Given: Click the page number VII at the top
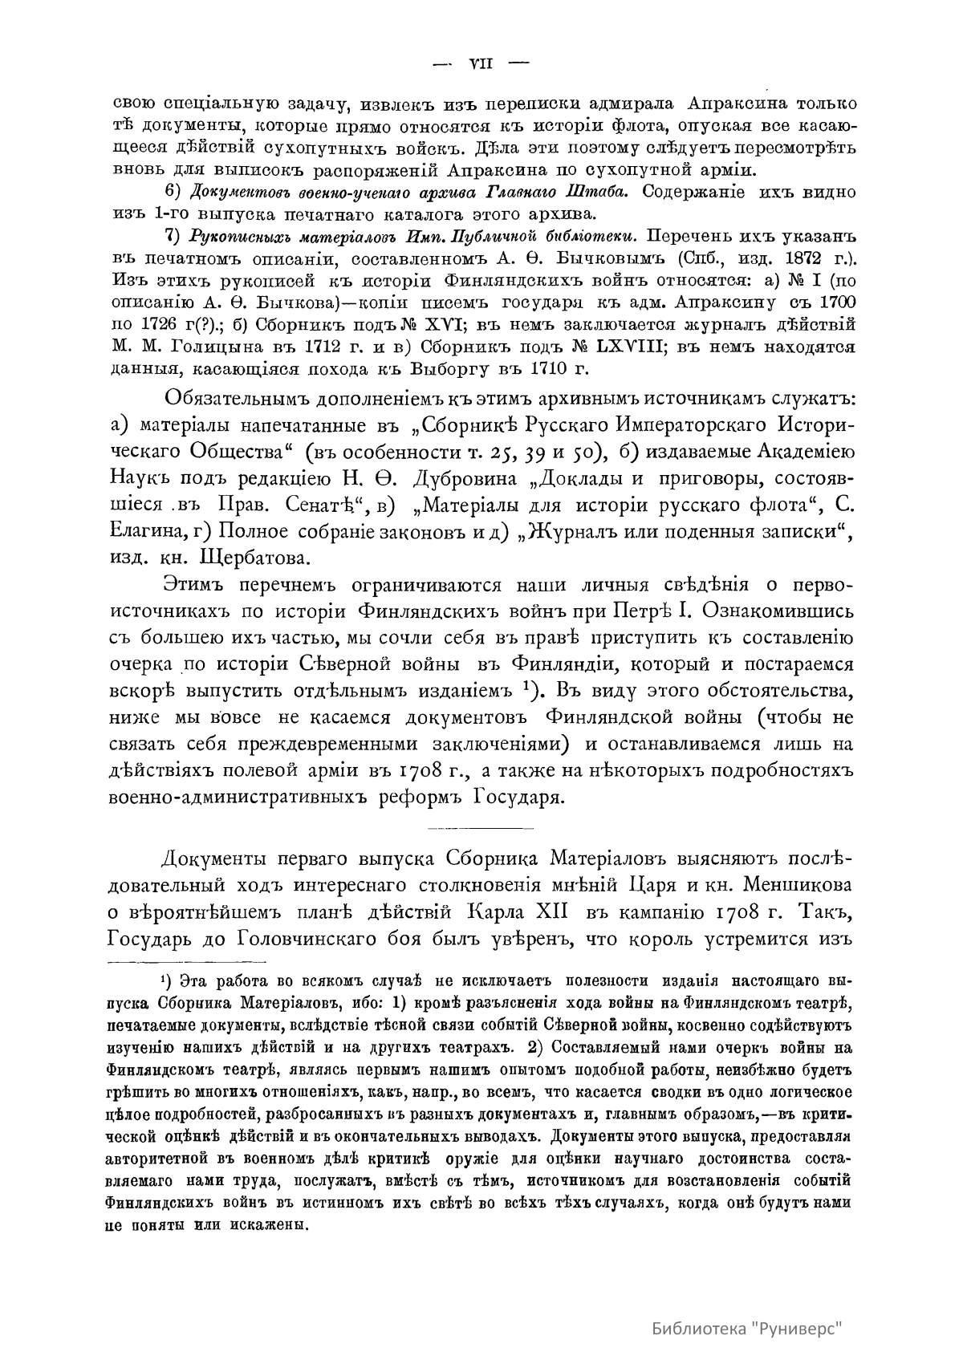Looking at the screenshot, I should [x=480, y=64].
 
